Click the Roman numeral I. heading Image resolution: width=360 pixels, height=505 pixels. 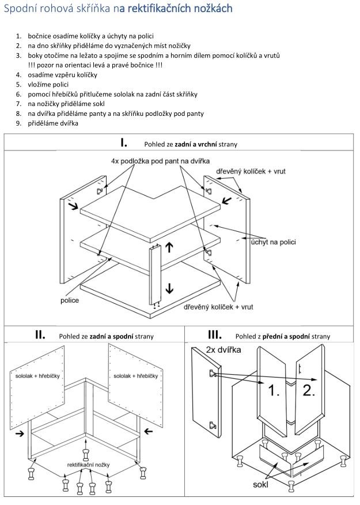coord(124,143)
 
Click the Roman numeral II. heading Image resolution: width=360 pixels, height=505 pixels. coord(40,335)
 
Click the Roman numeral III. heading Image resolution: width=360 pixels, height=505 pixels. coord(215,335)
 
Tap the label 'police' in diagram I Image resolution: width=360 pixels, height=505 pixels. coord(70,300)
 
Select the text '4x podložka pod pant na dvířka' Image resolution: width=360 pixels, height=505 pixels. coord(160,161)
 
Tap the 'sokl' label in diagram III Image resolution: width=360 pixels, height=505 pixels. coord(260,484)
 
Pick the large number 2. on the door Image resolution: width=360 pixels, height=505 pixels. coord(309,390)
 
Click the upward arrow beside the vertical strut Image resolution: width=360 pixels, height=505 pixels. coord(169,247)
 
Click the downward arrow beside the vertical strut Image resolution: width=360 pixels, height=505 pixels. coord(169,287)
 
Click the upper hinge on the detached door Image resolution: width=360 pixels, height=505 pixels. coord(214,374)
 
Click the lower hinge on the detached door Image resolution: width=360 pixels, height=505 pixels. coord(213,425)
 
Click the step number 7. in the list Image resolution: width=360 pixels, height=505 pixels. coord(19,104)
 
